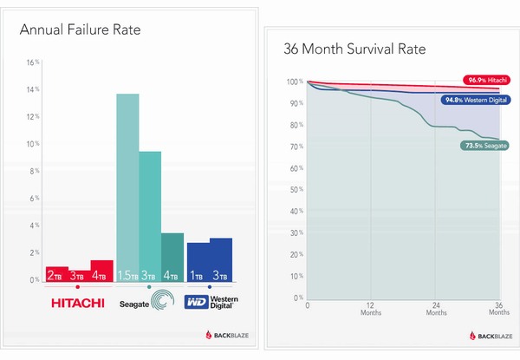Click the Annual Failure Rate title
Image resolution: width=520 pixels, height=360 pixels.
pyautogui.click(x=81, y=31)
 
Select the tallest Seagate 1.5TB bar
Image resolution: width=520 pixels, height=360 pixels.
pyautogui.click(x=127, y=187)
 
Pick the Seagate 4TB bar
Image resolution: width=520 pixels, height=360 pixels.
pyautogui.click(x=172, y=257)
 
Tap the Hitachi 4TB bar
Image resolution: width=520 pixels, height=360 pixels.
pyautogui.click(x=102, y=271)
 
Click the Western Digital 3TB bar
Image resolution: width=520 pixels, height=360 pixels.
pyautogui.click(x=221, y=259)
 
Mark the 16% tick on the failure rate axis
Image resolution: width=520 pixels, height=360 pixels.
pyautogui.click(x=33, y=62)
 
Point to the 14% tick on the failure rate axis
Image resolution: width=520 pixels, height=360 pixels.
pyautogui.click(x=33, y=89)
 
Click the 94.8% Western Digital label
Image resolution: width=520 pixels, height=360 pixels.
pyautogui.click(x=475, y=100)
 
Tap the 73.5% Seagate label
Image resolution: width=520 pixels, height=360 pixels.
pyautogui.click(x=483, y=146)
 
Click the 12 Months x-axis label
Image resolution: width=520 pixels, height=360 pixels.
pyautogui.click(x=371, y=309)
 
